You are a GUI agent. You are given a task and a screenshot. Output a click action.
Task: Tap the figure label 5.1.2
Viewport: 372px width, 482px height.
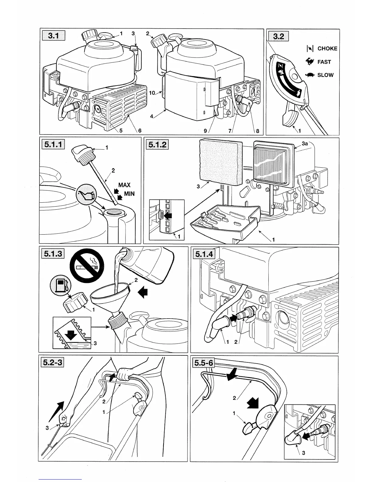(157, 144)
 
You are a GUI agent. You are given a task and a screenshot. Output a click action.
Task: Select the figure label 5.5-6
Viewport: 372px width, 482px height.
(204, 363)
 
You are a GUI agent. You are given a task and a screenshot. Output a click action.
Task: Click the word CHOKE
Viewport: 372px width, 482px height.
(327, 49)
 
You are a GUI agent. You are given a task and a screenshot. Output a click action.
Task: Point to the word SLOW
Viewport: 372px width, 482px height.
(325, 75)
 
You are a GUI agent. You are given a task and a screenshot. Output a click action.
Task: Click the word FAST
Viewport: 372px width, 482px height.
(324, 62)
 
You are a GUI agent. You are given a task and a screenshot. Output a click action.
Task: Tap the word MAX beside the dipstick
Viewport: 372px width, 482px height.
(124, 185)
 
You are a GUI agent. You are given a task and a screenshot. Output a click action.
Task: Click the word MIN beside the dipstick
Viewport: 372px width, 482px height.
(129, 194)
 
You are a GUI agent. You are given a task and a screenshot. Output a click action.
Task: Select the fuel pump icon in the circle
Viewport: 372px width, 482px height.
(60, 286)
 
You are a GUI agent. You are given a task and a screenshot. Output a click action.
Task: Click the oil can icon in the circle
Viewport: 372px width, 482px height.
(86, 194)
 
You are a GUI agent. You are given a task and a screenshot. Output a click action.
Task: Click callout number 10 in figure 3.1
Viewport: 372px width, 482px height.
(152, 93)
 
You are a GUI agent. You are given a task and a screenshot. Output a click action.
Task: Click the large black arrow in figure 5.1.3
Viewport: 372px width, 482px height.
(143, 293)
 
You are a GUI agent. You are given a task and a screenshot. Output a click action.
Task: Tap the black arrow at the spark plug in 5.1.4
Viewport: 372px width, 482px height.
(233, 318)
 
